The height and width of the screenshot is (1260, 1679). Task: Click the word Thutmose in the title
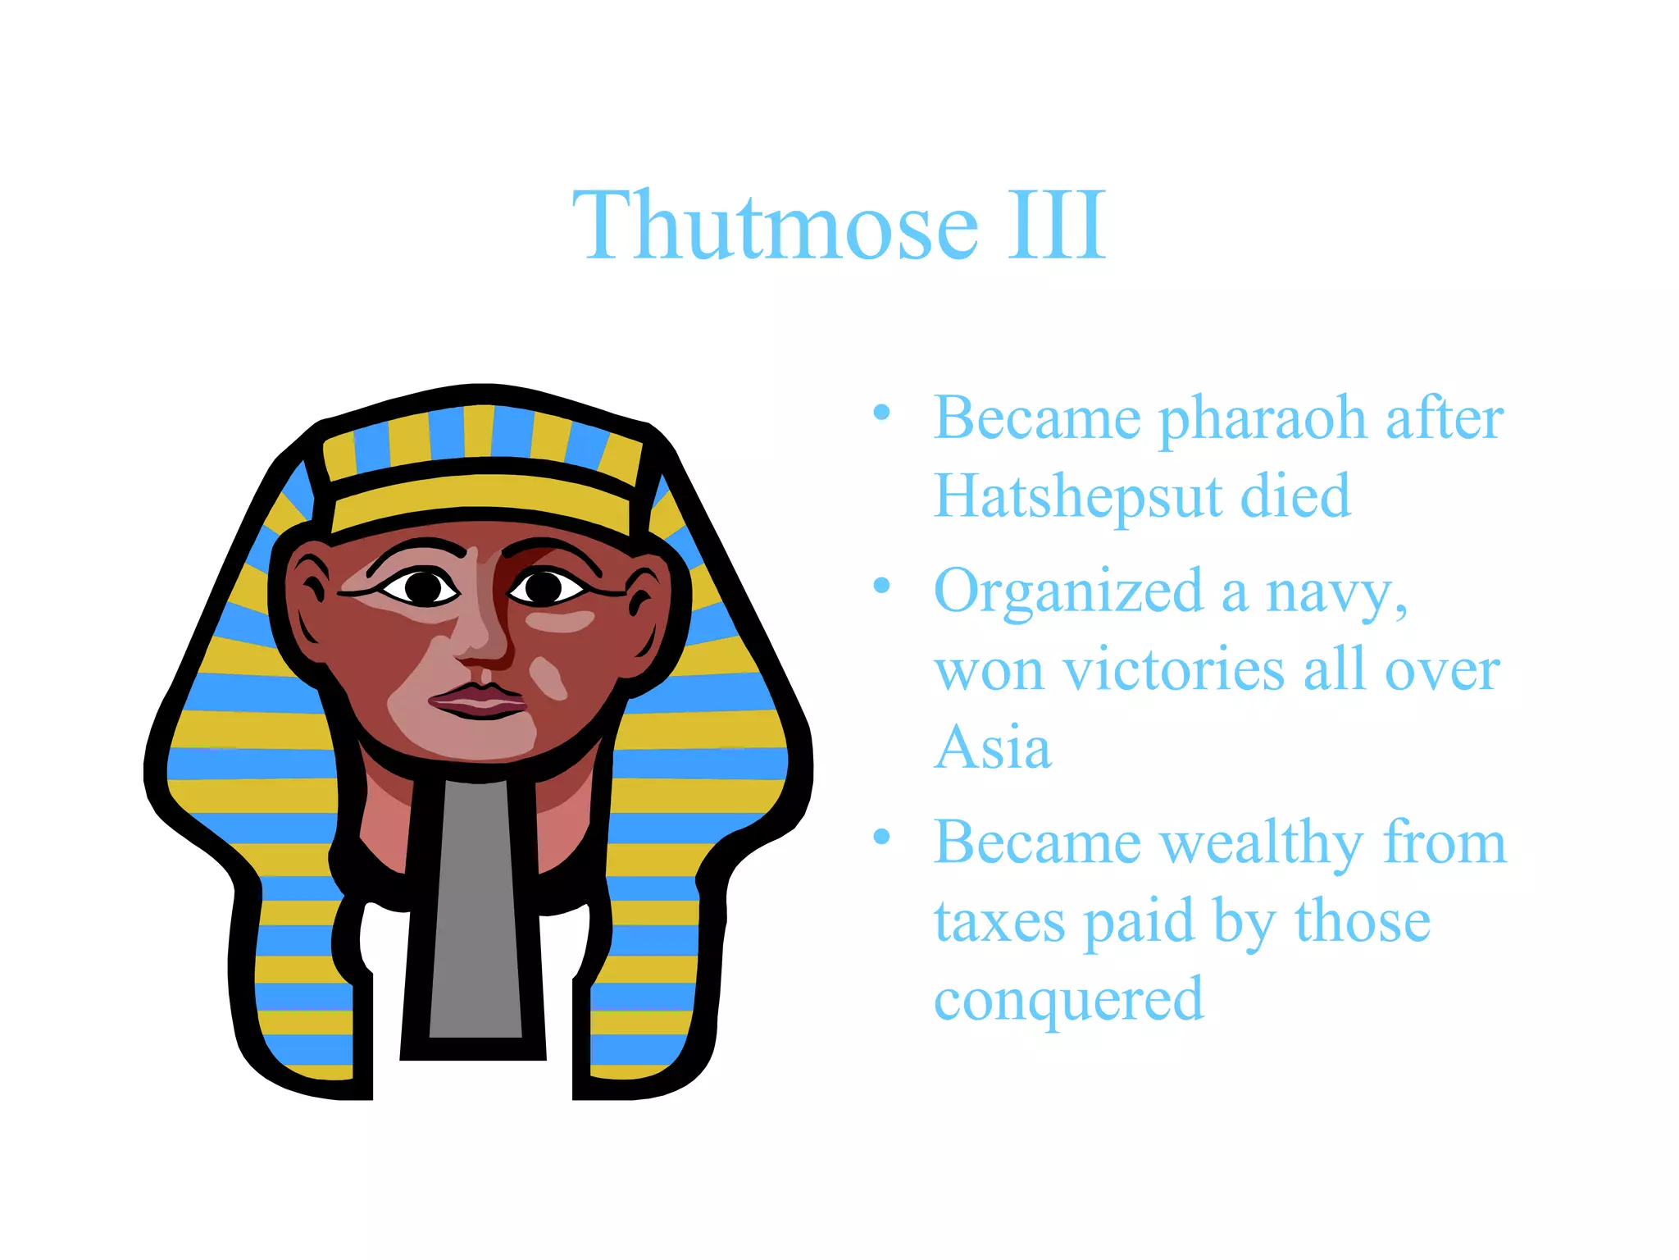(x=775, y=225)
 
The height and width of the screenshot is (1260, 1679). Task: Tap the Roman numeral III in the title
(x=1057, y=225)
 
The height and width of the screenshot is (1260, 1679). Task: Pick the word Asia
(x=992, y=748)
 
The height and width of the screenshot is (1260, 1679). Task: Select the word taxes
(x=999, y=922)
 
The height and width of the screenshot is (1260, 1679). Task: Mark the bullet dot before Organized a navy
(x=881, y=586)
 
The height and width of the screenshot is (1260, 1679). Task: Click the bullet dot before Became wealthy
(x=881, y=837)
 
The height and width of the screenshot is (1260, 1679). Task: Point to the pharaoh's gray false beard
(x=475, y=911)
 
